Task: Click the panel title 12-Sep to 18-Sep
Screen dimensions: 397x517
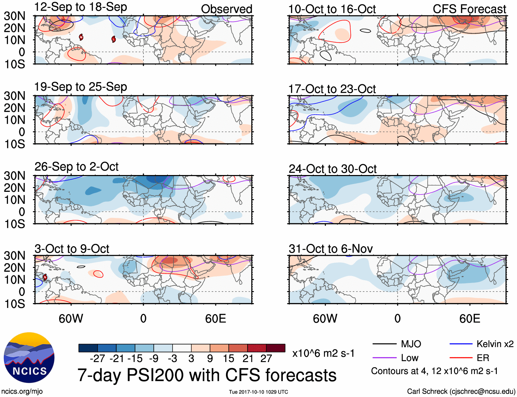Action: pyautogui.click(x=80, y=7)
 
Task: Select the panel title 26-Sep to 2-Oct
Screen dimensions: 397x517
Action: pyautogui.click(x=76, y=167)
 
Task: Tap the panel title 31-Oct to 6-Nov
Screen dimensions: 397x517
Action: pyautogui.click(x=330, y=249)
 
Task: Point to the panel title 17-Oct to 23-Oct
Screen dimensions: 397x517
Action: pyautogui.click(x=332, y=89)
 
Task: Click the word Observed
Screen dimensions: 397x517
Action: pyautogui.click(x=226, y=9)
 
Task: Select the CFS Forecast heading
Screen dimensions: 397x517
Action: pyautogui.click(x=469, y=9)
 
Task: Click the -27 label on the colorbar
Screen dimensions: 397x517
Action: pyautogui.click(x=97, y=359)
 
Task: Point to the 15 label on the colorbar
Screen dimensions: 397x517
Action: pyautogui.click(x=228, y=359)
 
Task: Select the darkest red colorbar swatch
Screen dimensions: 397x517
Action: pyautogui.click(x=276, y=348)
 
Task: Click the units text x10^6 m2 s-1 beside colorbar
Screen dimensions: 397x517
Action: pyautogui.click(x=323, y=353)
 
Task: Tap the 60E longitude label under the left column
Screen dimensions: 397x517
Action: pyautogui.click(x=215, y=319)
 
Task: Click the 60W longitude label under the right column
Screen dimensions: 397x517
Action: pyautogui.click(x=325, y=319)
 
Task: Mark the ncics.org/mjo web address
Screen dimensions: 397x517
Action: pyautogui.click(x=22, y=391)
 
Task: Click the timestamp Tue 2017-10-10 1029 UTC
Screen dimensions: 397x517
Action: pyautogui.click(x=258, y=392)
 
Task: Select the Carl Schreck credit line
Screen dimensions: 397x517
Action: pyautogui.click(x=461, y=391)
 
